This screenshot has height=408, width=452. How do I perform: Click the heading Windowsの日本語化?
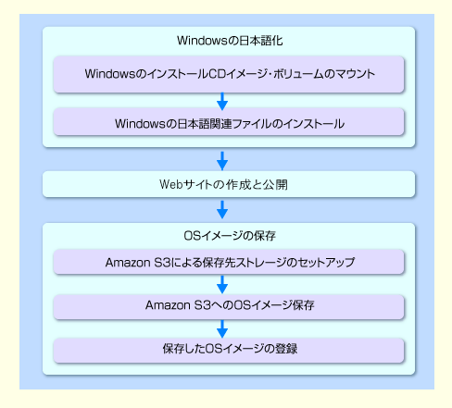(230, 41)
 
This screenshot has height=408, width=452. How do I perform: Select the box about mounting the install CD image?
(229, 74)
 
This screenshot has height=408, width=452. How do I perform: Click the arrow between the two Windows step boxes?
(222, 101)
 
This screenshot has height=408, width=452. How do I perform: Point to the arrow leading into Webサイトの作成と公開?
(222, 160)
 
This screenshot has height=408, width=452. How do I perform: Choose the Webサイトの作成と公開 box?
(229, 184)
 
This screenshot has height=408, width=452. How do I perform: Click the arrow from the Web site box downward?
(222, 210)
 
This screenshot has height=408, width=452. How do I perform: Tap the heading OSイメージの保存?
(230, 236)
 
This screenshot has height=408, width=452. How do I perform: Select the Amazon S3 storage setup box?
(229, 262)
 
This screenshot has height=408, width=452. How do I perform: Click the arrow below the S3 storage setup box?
(222, 284)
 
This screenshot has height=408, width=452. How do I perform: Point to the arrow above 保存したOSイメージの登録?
(222, 328)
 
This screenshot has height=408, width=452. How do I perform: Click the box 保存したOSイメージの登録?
(229, 351)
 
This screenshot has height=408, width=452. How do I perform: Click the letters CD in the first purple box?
(218, 74)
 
